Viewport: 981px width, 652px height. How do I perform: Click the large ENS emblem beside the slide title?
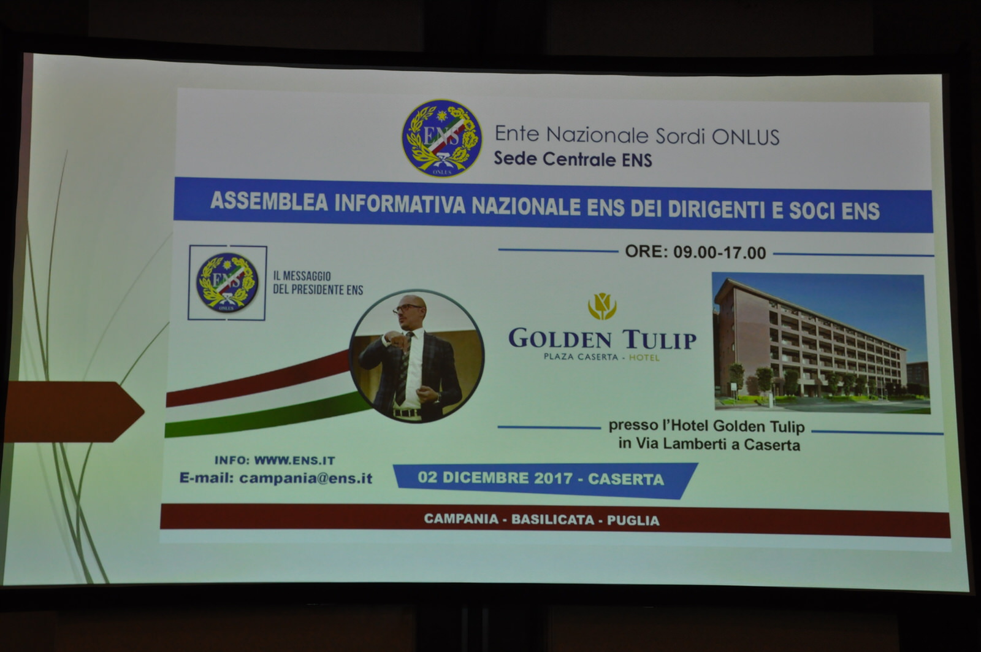442,138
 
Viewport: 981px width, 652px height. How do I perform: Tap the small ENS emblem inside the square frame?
227,283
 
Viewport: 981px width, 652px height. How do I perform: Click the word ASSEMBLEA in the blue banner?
269,202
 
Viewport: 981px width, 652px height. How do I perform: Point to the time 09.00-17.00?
720,253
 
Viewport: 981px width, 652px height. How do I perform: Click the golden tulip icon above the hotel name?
602,306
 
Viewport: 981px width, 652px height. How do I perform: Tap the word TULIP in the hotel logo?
659,340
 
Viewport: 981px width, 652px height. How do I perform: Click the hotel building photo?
821,343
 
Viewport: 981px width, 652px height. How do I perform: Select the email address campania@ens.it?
306,478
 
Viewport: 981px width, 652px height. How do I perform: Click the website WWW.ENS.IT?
294,461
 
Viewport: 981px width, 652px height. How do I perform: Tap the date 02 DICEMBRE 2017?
495,478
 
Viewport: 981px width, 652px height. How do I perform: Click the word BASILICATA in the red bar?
552,520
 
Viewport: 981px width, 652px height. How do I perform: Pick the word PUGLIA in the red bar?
633,521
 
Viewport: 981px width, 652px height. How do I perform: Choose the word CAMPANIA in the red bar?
461,519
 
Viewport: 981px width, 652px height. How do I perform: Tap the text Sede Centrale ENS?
573,159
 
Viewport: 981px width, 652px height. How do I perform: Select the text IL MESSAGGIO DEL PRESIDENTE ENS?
318,283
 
